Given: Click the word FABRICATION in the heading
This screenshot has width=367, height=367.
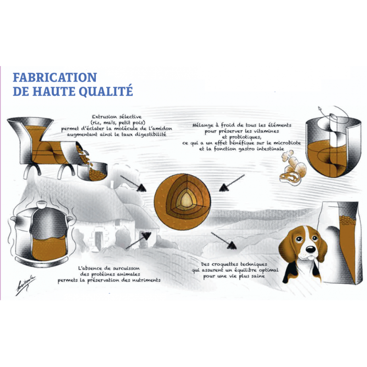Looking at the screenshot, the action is tap(55, 78).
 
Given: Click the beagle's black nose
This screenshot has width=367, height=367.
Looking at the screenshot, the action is tap(311, 250).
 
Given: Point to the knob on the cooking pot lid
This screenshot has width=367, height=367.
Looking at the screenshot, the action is tap(42, 205).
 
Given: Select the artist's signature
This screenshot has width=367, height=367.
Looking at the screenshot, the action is tap(26, 285).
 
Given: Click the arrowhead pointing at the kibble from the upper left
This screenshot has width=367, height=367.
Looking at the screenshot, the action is tap(142, 188).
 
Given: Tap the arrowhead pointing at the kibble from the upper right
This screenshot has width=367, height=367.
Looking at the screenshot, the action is tap(224, 188).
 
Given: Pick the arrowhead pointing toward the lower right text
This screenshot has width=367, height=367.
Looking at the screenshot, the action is tap(232, 245).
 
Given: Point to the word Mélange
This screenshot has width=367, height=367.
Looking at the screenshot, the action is tap(203, 126).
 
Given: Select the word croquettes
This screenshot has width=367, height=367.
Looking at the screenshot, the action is tap(223, 264).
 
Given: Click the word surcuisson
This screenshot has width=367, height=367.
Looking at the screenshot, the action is tap(126, 268).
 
